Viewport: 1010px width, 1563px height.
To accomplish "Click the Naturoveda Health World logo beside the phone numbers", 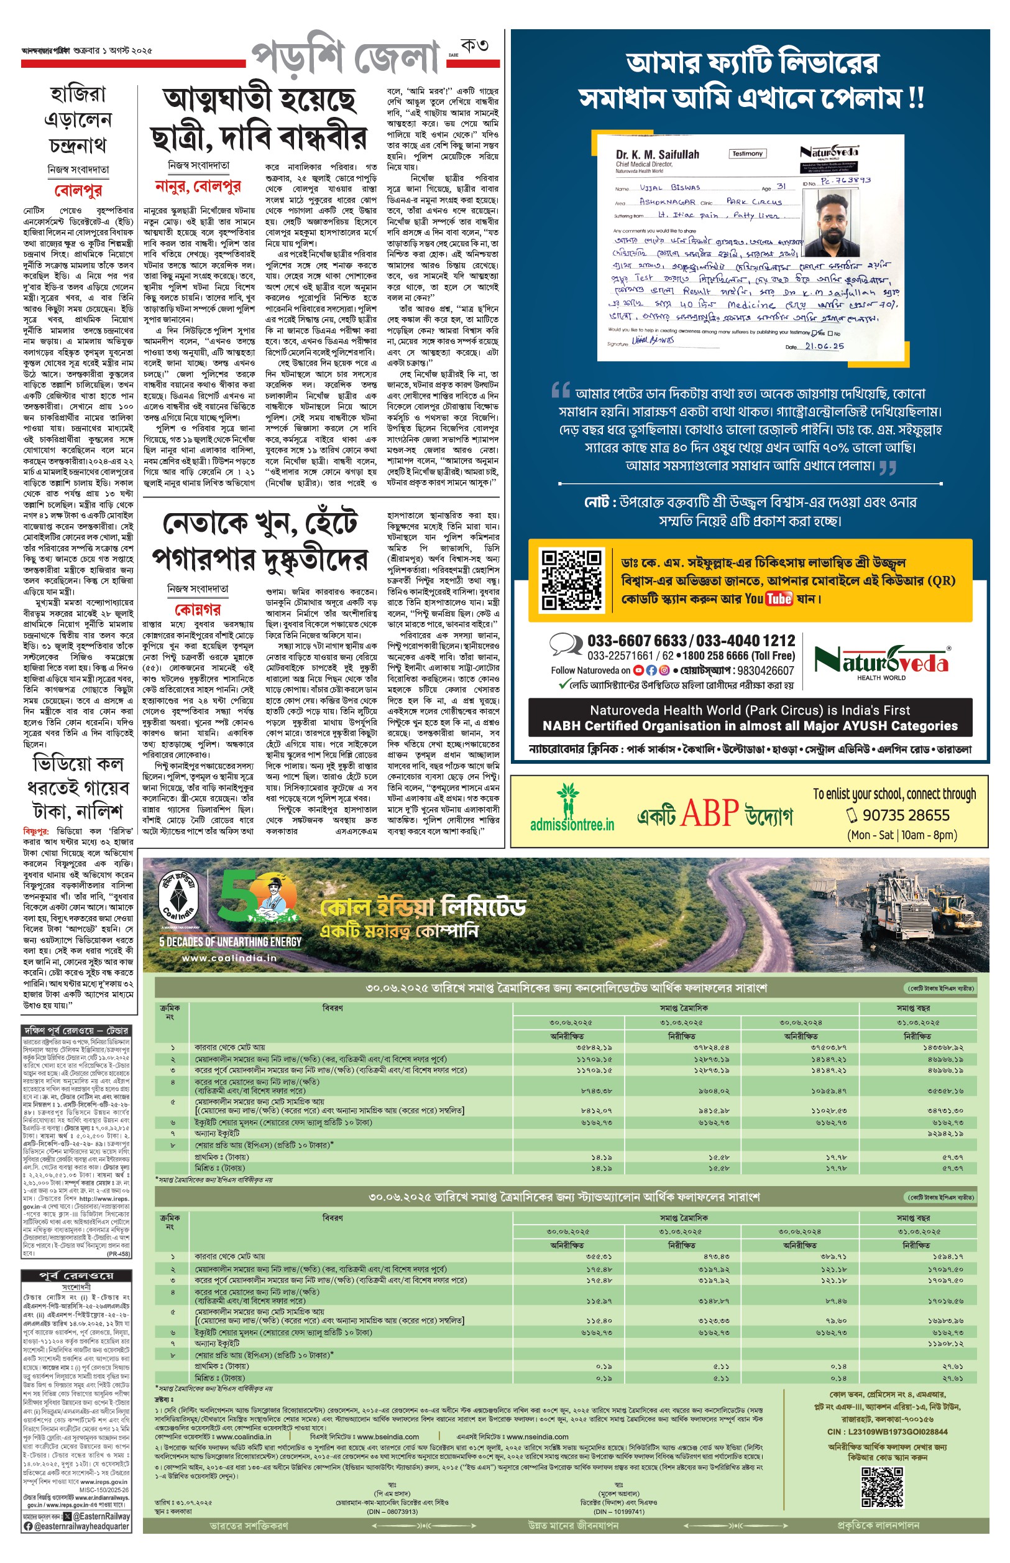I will coord(881,661).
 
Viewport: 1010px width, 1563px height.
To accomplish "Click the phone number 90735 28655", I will coord(906,815).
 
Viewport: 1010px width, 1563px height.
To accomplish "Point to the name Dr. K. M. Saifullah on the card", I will coord(657,155).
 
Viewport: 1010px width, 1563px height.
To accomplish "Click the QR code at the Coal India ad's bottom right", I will coord(882,1488).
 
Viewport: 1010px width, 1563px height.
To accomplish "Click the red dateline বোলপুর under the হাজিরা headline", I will coord(78,190).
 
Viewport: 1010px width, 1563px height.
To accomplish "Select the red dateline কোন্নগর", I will coord(198,609).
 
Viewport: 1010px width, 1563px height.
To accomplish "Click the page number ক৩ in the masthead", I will coord(474,46).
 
